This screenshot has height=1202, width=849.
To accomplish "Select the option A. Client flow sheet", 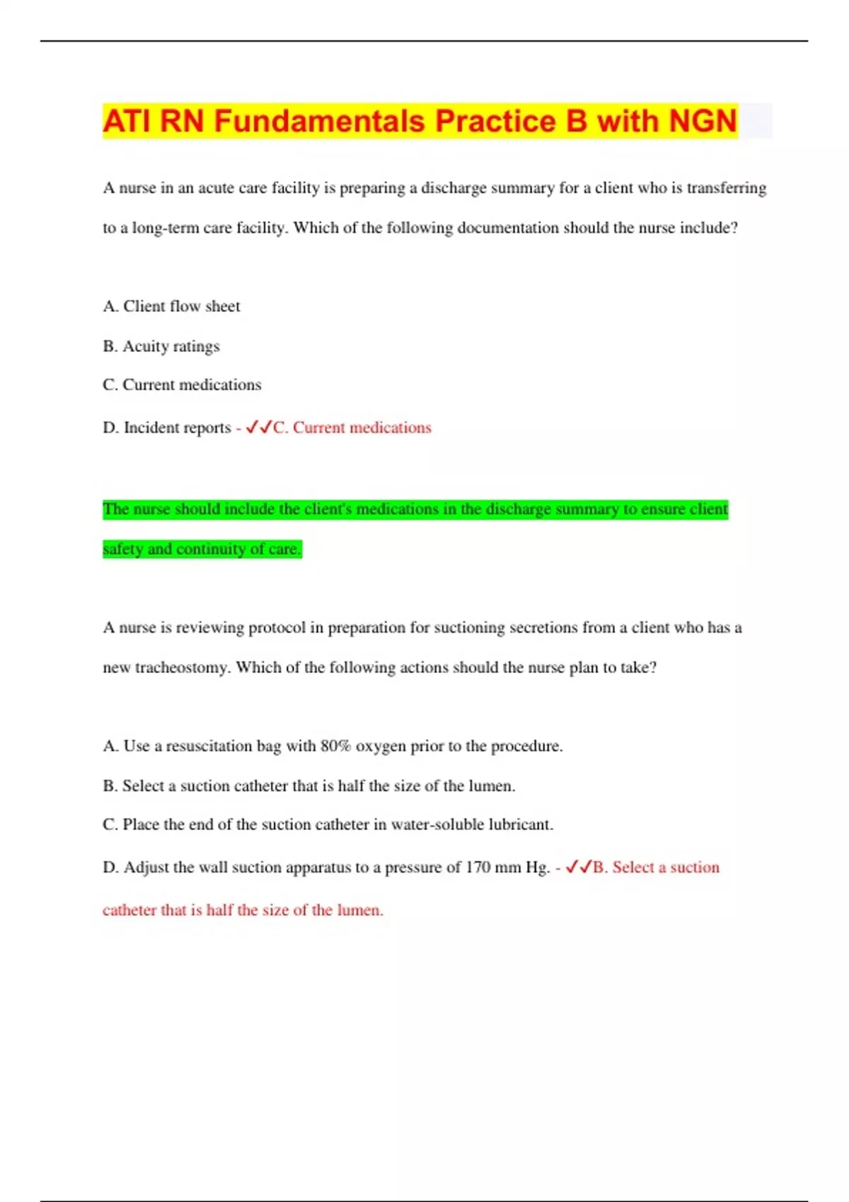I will [x=171, y=306].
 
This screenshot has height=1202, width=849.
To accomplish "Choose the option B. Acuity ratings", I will [x=161, y=346].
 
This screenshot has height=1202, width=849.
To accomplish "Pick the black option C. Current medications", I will [x=182, y=385].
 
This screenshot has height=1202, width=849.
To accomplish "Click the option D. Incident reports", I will [x=167, y=428].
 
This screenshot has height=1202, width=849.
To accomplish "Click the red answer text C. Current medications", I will [x=352, y=428].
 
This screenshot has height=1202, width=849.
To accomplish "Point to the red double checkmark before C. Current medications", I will [x=258, y=427].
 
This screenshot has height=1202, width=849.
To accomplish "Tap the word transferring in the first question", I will [x=727, y=188].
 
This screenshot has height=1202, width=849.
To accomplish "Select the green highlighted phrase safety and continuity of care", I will [x=202, y=549].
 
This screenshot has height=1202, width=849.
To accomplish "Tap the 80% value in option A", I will [x=336, y=746].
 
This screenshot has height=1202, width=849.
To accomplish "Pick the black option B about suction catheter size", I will [x=309, y=786].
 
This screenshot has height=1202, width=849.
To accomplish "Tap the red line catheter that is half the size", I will [x=243, y=910].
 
